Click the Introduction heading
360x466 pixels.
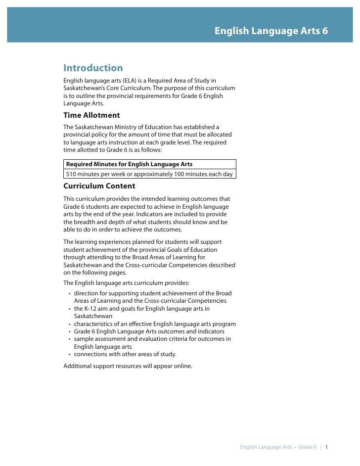click(93, 68)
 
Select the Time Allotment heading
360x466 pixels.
click(91, 115)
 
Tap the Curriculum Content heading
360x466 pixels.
click(99, 186)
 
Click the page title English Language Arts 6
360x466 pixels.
click(270, 31)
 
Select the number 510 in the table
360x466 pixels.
click(72, 174)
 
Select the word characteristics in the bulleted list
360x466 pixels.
click(94, 324)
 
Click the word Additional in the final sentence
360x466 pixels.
click(78, 367)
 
